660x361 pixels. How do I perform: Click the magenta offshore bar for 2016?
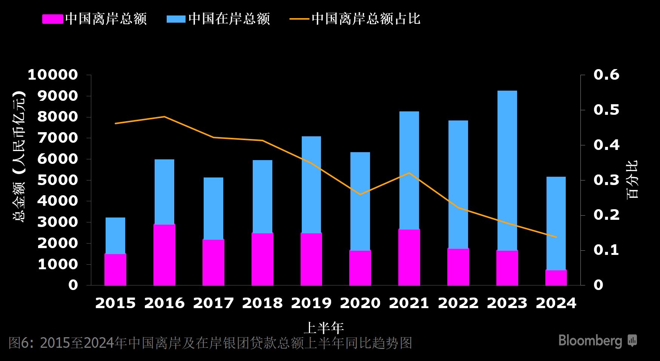pyautogui.click(x=164, y=255)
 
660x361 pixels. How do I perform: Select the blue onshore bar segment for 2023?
pyautogui.click(x=507, y=170)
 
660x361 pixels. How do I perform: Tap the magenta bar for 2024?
pyautogui.click(x=556, y=278)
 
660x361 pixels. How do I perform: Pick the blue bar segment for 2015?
pyautogui.click(x=115, y=236)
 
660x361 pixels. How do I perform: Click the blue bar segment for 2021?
pyautogui.click(x=409, y=170)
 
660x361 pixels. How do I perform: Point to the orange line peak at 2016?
pyautogui.click(x=164, y=117)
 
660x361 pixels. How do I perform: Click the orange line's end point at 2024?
pyautogui.click(x=556, y=237)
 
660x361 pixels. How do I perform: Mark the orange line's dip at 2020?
pyautogui.click(x=360, y=194)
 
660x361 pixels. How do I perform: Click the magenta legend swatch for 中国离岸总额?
pyautogui.click(x=52, y=19)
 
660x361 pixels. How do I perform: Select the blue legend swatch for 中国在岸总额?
pyautogui.click(x=176, y=19)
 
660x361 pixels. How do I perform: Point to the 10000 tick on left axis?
pyautogui.click(x=53, y=75)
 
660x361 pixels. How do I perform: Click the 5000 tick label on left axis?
pyautogui.click(x=57, y=180)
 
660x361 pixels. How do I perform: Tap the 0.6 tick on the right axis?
pyautogui.click(x=606, y=75)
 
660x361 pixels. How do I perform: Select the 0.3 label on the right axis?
pyautogui.click(x=606, y=180)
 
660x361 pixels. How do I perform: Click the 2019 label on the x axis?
pyautogui.click(x=311, y=303)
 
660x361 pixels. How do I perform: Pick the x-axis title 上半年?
pyautogui.click(x=324, y=327)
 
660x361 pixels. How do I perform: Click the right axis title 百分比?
pyautogui.click(x=632, y=179)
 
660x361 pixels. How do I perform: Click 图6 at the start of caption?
pyautogui.click(x=19, y=343)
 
